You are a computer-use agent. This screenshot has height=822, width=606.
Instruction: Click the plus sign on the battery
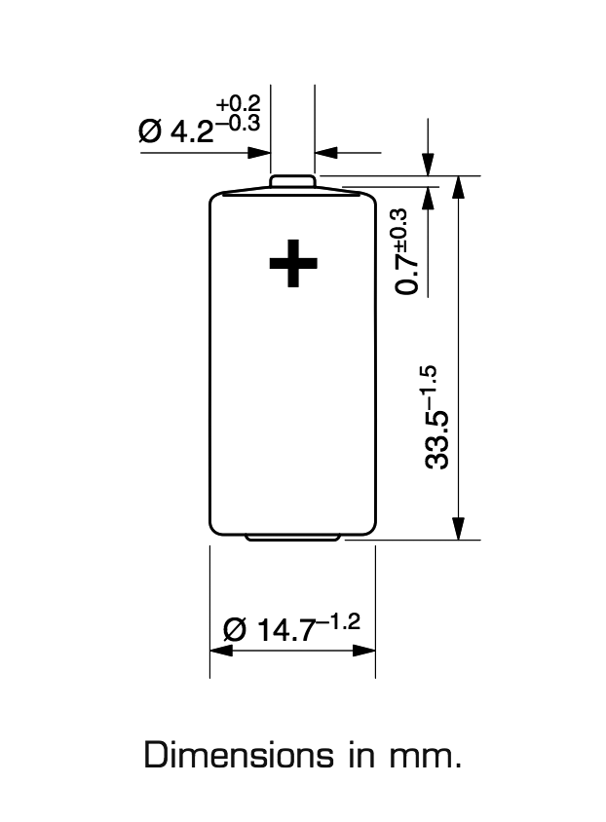293,263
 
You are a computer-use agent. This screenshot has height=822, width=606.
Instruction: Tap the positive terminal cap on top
292,181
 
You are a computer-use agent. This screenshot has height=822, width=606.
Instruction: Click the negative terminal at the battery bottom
292,538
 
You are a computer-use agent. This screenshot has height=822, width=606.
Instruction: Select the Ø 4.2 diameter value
175,131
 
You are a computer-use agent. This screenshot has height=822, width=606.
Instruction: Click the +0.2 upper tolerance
238,103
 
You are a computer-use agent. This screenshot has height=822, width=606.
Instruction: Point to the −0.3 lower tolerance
238,124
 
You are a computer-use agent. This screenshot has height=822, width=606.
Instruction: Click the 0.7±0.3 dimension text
407,251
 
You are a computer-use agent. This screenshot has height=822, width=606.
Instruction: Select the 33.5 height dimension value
437,440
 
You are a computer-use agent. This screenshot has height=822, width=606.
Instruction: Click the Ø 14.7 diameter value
270,629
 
